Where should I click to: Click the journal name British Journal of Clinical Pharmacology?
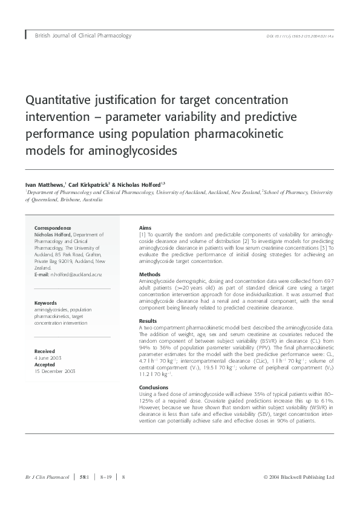tap(83, 36)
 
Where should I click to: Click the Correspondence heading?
tap(55, 229)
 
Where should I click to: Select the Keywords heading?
tap(46, 303)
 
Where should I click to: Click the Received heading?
tap(45, 351)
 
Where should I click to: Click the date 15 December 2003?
tap(54, 371)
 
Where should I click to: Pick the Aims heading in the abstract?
tap(145, 229)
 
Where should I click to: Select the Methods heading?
tap(150, 274)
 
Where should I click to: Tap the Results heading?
tap(148, 321)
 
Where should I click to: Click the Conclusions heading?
tap(154, 387)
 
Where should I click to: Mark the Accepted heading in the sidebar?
tap(45, 365)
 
